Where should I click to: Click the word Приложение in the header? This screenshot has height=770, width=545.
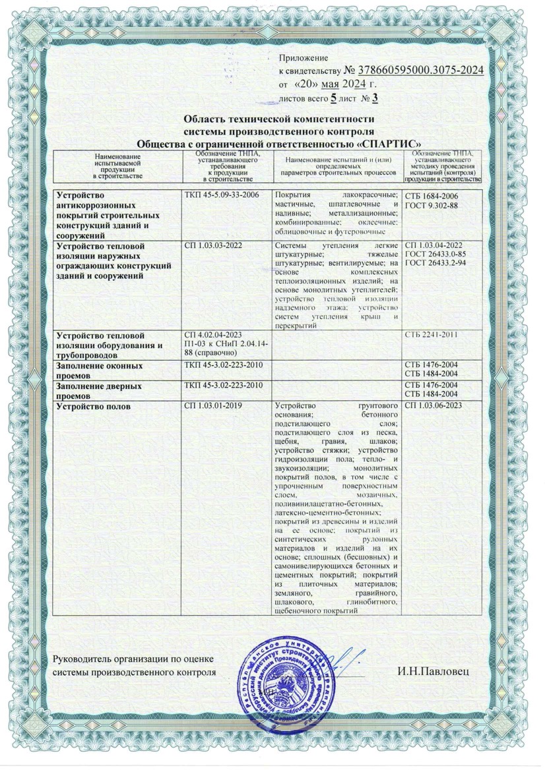[303, 59]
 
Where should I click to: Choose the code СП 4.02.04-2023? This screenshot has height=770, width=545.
[213, 337]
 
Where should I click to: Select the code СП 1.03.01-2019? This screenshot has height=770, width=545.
[213, 405]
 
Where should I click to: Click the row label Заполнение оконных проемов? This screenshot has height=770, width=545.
[99, 369]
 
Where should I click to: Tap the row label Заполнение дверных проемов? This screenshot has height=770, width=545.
[99, 388]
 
